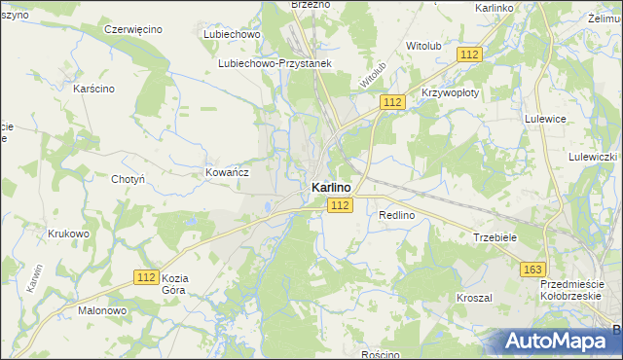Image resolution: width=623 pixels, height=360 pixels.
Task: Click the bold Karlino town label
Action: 332,187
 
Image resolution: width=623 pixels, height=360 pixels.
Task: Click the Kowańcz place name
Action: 228,171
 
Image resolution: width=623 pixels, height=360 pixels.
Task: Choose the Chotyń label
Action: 128,179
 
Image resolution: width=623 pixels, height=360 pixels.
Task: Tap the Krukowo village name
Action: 68,234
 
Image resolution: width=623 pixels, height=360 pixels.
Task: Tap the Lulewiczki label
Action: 594,156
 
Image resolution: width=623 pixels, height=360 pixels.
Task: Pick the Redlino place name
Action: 397,214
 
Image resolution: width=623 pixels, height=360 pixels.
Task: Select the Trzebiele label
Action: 494,237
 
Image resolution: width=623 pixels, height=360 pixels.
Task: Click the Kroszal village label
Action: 474,297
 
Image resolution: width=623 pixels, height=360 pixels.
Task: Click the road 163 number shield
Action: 532,270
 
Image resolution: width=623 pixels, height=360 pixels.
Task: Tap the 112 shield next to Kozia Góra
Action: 146,277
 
